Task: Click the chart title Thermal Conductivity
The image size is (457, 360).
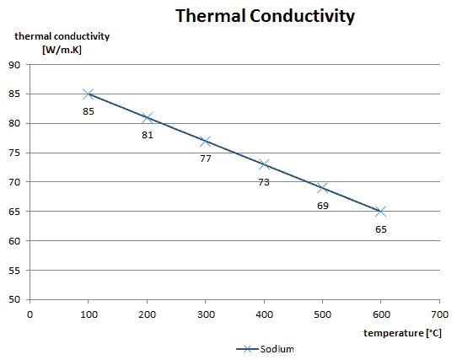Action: click(x=265, y=16)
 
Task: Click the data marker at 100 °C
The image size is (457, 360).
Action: click(x=89, y=94)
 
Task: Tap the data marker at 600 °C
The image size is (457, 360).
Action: click(x=381, y=212)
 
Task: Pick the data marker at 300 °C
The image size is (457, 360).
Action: click(x=206, y=141)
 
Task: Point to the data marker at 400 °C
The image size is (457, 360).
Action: click(x=264, y=164)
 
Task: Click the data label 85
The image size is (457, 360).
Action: click(x=89, y=111)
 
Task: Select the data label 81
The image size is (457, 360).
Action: click(x=147, y=135)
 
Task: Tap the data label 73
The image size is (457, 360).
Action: click(x=264, y=182)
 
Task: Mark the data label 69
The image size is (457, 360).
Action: click(x=323, y=206)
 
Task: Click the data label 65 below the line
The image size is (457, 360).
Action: click(x=381, y=229)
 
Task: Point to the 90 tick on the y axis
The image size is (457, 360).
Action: click(x=14, y=65)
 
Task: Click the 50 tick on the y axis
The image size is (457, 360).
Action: click(x=14, y=299)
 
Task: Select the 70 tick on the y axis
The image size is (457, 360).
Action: click(x=14, y=182)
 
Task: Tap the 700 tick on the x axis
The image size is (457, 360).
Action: click(x=439, y=313)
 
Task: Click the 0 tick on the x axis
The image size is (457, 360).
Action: click(x=30, y=313)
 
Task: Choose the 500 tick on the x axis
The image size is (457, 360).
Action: click(x=322, y=313)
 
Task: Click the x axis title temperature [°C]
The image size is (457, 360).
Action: click(x=403, y=333)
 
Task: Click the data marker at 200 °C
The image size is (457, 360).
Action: click(x=147, y=117)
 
